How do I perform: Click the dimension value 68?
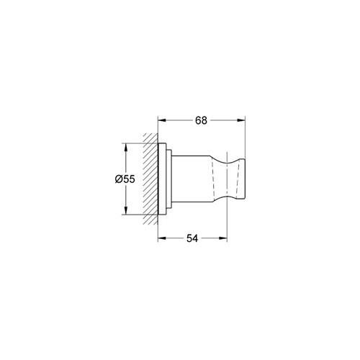pos(201,121)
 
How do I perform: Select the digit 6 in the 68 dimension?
pos(197,121)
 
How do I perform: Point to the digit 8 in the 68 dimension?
pos(204,121)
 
